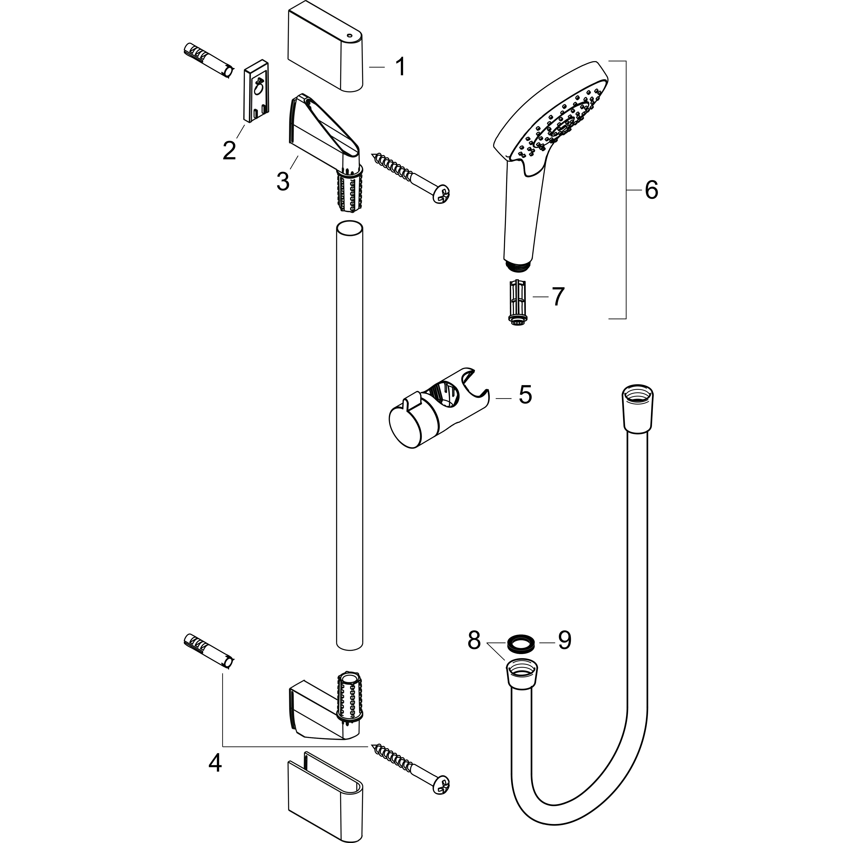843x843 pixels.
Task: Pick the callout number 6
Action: pos(651,190)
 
